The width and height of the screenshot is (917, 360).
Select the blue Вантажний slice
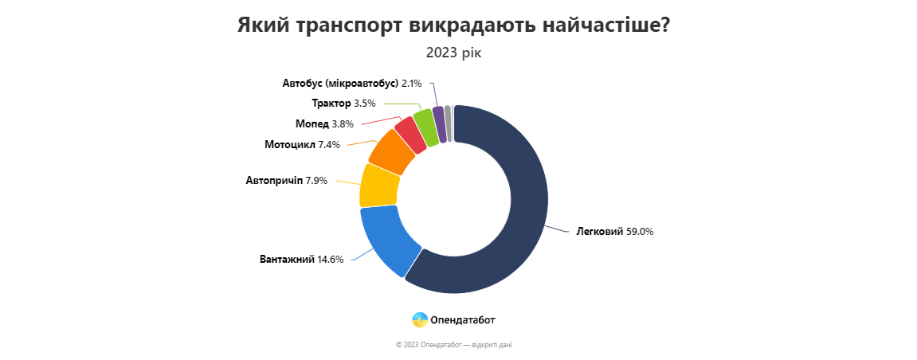pyautogui.click(x=390, y=239)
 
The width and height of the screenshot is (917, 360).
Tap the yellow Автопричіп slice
pyautogui.click(x=379, y=185)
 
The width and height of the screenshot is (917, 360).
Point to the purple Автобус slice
pyautogui.click(x=438, y=123)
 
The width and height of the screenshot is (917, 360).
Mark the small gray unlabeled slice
pyautogui.click(x=448, y=123)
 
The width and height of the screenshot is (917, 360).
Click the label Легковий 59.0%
pyautogui.click(x=614, y=232)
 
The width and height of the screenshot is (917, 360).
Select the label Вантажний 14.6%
pyautogui.click(x=301, y=259)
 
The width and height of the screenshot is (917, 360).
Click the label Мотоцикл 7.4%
pyautogui.click(x=302, y=145)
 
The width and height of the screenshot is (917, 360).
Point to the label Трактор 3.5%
pyautogui.click(x=343, y=103)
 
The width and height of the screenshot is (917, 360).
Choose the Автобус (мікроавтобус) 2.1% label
pyautogui.click(x=352, y=83)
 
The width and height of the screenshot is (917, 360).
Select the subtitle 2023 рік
pyautogui.click(x=453, y=53)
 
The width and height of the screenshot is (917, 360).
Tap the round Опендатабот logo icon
pyautogui.click(x=420, y=319)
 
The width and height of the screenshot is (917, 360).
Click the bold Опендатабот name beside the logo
pyautogui.click(x=463, y=320)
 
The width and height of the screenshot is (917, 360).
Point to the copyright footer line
pyautogui.click(x=459, y=345)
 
